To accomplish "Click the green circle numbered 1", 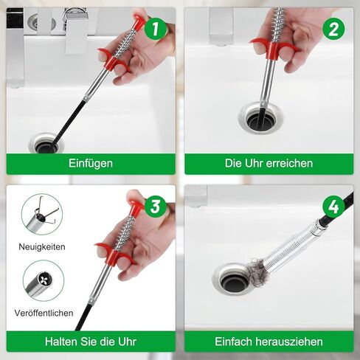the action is coord(155,29).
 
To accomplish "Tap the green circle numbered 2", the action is coord(333,29).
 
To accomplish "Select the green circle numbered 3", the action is coord(155,206).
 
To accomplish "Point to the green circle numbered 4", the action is coord(333,206).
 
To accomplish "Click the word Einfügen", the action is coord(91,164).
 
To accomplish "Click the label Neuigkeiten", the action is coord(42,246).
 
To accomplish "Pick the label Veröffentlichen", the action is coord(44,313).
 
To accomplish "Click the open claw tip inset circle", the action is coord(42,214).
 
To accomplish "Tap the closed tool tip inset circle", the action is coord(44,280).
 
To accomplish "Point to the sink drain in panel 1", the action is coord(46,144).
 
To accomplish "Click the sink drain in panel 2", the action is coord(260,118).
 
